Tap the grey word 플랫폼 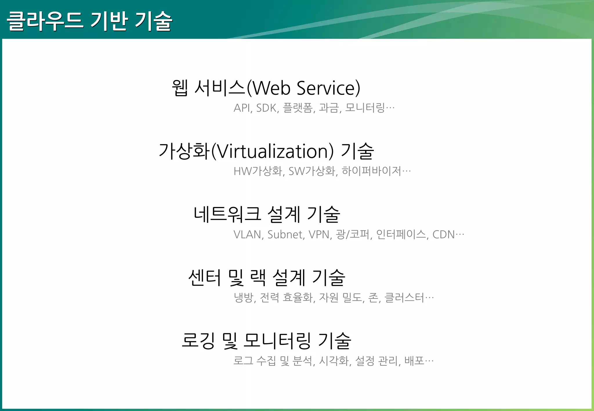pyautogui.click(x=298, y=108)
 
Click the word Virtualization pyautogui.click(x=272, y=151)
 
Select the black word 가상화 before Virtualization pyautogui.click(x=184, y=151)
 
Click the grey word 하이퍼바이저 pyautogui.click(x=372, y=171)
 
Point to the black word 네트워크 pyautogui.click(x=227, y=214)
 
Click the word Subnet pyautogui.click(x=285, y=234)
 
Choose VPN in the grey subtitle pyautogui.click(x=319, y=234)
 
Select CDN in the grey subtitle pyautogui.click(x=443, y=234)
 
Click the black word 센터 pyautogui.click(x=204, y=278)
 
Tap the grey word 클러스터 pyautogui.click(x=404, y=298)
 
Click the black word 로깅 pyautogui.click(x=198, y=341)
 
